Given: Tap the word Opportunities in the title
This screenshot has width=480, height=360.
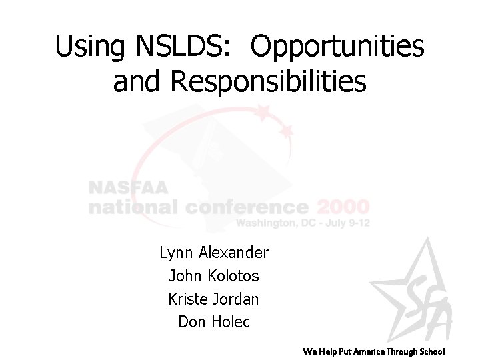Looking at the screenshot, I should coord(339,46).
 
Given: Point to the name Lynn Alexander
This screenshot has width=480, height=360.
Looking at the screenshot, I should coord(214,253).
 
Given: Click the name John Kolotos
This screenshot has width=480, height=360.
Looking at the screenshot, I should coord(214,275).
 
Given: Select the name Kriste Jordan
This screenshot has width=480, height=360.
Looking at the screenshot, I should coord(214,299).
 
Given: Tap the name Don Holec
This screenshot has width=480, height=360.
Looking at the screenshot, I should coord(214,322).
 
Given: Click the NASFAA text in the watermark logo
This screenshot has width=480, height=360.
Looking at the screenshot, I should coord(128,189).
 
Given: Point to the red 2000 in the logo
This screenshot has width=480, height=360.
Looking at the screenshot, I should coord(343,206).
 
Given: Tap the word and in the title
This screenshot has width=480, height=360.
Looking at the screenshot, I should coord(138,81).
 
